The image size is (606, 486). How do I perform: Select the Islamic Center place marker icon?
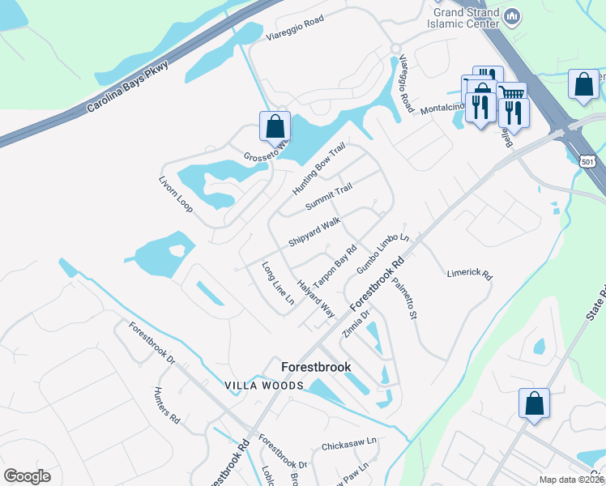pos(512,16)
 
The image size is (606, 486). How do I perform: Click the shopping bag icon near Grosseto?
pos(275,126)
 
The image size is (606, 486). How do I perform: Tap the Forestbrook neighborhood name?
pos(316,367)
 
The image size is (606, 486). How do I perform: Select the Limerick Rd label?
pos(469,275)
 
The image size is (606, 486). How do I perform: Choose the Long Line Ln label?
pos(277,283)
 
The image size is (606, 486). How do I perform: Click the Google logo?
pos(27,476)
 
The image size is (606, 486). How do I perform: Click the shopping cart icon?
pos(511,95)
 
